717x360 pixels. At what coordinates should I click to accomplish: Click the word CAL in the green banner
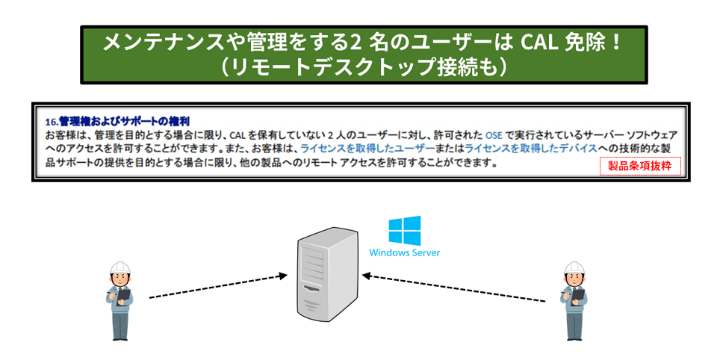coord(539,43)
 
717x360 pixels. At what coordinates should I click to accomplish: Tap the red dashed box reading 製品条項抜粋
coord(640,166)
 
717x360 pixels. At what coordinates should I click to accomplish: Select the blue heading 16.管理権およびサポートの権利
coord(117,122)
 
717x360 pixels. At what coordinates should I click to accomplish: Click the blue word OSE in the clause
coord(494,135)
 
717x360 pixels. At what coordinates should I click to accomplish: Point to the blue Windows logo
coord(405,230)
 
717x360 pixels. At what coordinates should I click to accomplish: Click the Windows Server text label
coord(405,252)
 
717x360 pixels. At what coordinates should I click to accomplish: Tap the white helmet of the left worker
coord(120,268)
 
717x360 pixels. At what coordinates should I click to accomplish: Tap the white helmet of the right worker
coord(574,268)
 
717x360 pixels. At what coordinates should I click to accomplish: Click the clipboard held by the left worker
coord(123,296)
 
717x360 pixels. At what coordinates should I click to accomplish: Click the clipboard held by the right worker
coord(578,296)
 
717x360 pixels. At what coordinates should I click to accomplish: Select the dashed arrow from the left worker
coord(218,287)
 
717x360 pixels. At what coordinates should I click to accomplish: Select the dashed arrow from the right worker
coord(453,288)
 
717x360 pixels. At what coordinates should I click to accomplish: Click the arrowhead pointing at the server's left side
coord(283,276)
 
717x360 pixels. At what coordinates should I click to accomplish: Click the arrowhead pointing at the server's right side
coord(366,276)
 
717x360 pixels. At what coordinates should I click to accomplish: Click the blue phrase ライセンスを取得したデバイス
coord(531,148)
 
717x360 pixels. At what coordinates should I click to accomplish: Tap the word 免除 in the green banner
coord(584,43)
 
